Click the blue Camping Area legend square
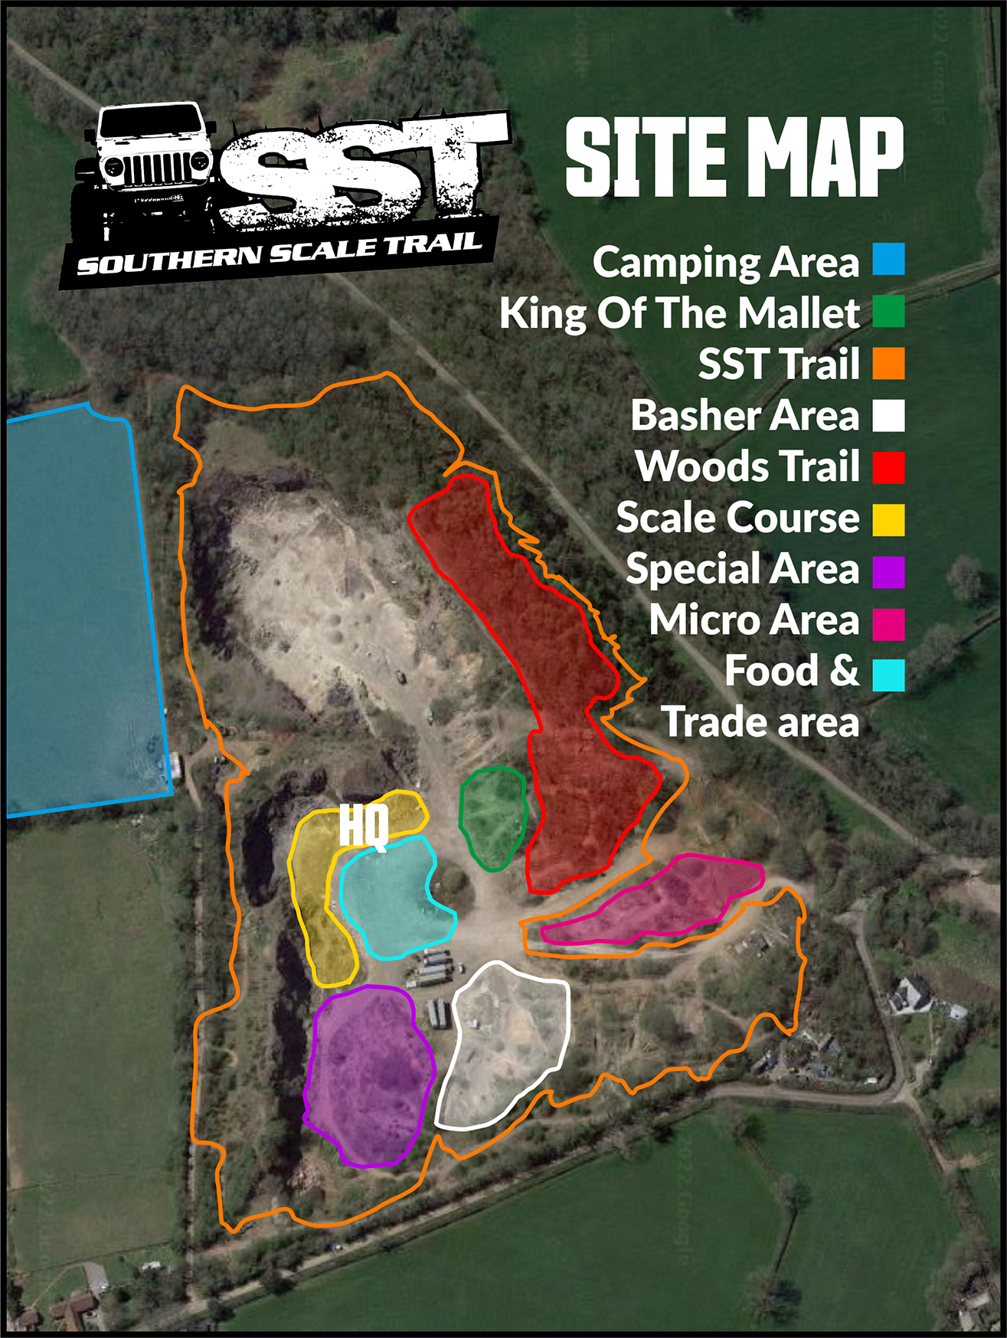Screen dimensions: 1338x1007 (x=888, y=260)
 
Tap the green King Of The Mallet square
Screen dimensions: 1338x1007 (x=888, y=312)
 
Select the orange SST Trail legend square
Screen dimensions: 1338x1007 (x=888, y=363)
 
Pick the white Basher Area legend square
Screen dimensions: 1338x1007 (x=888, y=415)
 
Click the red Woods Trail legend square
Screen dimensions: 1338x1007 (x=888, y=466)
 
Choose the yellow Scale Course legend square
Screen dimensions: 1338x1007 (x=888, y=519)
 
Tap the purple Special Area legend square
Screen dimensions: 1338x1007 (x=888, y=571)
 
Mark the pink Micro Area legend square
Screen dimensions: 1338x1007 (x=888, y=623)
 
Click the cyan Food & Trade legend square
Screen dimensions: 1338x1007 (x=888, y=675)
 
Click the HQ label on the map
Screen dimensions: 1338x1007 (x=364, y=826)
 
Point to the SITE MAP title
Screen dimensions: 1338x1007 (x=734, y=157)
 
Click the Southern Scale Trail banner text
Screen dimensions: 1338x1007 (x=280, y=253)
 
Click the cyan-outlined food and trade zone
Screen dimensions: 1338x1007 (x=391, y=896)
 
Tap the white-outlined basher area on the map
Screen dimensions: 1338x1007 (x=505, y=1042)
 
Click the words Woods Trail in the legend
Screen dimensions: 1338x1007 (x=747, y=466)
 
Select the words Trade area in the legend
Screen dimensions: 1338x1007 (x=760, y=722)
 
